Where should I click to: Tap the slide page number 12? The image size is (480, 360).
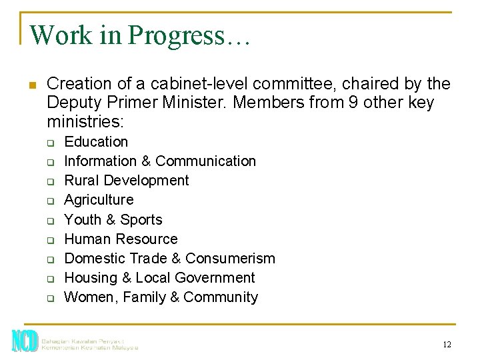pyautogui.click(x=447, y=344)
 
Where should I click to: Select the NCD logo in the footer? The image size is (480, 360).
pyautogui.click(x=25, y=341)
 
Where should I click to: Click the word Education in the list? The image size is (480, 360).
pyautogui.click(x=96, y=142)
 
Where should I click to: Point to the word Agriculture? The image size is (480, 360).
pyautogui.click(x=99, y=200)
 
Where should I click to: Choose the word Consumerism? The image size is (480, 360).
pyautogui.click(x=230, y=258)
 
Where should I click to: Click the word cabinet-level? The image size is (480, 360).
pyautogui.click(x=193, y=84)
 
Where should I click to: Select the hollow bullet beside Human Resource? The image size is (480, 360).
pyautogui.click(x=49, y=240)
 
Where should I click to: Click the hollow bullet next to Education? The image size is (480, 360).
pyautogui.click(x=49, y=143)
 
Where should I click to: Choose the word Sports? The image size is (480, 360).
pyautogui.click(x=141, y=220)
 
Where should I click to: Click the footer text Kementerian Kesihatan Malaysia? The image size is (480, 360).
pyautogui.click(x=89, y=347)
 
